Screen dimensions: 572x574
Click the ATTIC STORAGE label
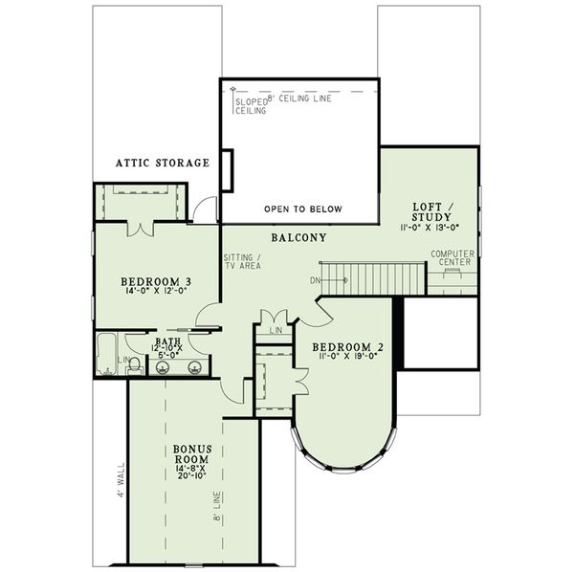click(x=162, y=164)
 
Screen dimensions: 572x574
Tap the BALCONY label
click(x=298, y=237)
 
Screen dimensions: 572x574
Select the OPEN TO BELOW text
click(x=302, y=209)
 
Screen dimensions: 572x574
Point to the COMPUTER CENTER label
click(x=453, y=257)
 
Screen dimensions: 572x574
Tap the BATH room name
click(x=166, y=340)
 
